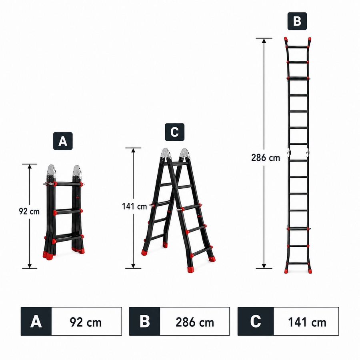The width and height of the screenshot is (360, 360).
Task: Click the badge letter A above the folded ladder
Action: [x=63, y=141]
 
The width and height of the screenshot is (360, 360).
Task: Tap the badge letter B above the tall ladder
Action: [x=297, y=21]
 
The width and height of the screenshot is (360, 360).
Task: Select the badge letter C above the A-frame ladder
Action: [x=175, y=132]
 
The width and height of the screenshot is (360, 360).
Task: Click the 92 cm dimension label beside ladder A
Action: [x=29, y=212]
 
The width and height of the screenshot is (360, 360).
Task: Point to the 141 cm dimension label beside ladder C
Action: [x=134, y=206]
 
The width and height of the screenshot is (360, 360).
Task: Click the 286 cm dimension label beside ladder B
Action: [x=266, y=158]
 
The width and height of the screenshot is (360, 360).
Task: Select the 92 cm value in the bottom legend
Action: [x=86, y=322]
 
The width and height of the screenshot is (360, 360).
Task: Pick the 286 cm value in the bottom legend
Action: [x=195, y=322]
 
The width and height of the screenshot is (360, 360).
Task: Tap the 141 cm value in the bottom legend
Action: [x=307, y=322]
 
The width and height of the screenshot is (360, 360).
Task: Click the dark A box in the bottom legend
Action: [x=36, y=321]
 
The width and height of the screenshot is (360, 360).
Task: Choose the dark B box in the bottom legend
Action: [x=145, y=321]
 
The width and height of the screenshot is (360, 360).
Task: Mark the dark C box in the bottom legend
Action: [x=256, y=321]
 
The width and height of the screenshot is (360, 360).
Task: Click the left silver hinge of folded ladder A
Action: [x=51, y=171]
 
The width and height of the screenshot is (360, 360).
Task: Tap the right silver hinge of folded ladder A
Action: [x=77, y=171]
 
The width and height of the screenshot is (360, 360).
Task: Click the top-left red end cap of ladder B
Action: [x=286, y=42]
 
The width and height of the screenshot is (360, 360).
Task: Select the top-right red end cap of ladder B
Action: [x=310, y=42]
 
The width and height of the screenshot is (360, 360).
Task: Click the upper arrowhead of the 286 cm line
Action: [x=264, y=41]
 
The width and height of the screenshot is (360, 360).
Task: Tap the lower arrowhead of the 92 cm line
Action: [x=30, y=266]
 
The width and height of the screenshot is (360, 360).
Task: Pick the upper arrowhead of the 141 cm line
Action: [x=133, y=151]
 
